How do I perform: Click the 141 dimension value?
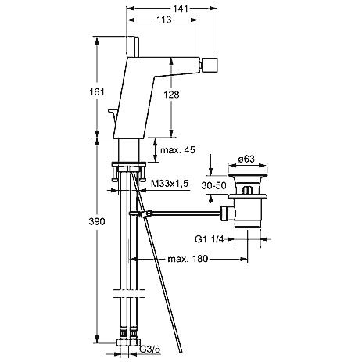tap(181, 9)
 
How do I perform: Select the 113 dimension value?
tap(164, 20)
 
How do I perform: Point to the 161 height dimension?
tap(97, 92)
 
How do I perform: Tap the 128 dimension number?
tap(171, 95)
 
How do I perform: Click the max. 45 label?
tap(177, 150)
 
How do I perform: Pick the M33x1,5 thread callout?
tap(170, 184)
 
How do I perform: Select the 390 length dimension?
tap(97, 221)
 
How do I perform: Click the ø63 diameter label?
tap(246, 159)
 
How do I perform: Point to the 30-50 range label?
tap(213, 186)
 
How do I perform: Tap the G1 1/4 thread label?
tap(210, 239)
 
